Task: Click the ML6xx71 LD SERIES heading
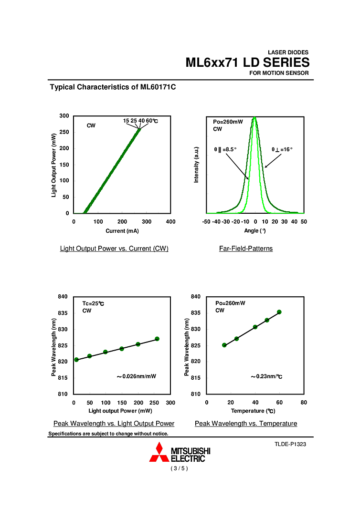(x=247, y=62)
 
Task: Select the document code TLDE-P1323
(x=290, y=444)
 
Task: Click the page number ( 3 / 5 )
(x=180, y=468)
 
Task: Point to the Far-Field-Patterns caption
(x=246, y=249)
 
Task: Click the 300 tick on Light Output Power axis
(x=64, y=116)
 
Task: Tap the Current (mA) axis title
(x=122, y=231)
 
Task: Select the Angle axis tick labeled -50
(x=206, y=222)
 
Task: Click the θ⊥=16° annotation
(x=282, y=149)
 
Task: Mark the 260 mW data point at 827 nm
(x=157, y=339)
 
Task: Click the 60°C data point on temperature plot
(x=279, y=312)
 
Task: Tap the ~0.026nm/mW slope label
(x=137, y=376)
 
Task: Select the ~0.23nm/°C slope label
(x=266, y=376)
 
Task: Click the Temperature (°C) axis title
(x=253, y=411)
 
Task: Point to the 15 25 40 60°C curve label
(x=140, y=121)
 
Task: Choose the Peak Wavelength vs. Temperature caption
(x=246, y=424)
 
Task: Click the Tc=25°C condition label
(x=93, y=303)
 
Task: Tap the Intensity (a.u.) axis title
(x=196, y=165)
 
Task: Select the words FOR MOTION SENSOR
(x=279, y=73)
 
